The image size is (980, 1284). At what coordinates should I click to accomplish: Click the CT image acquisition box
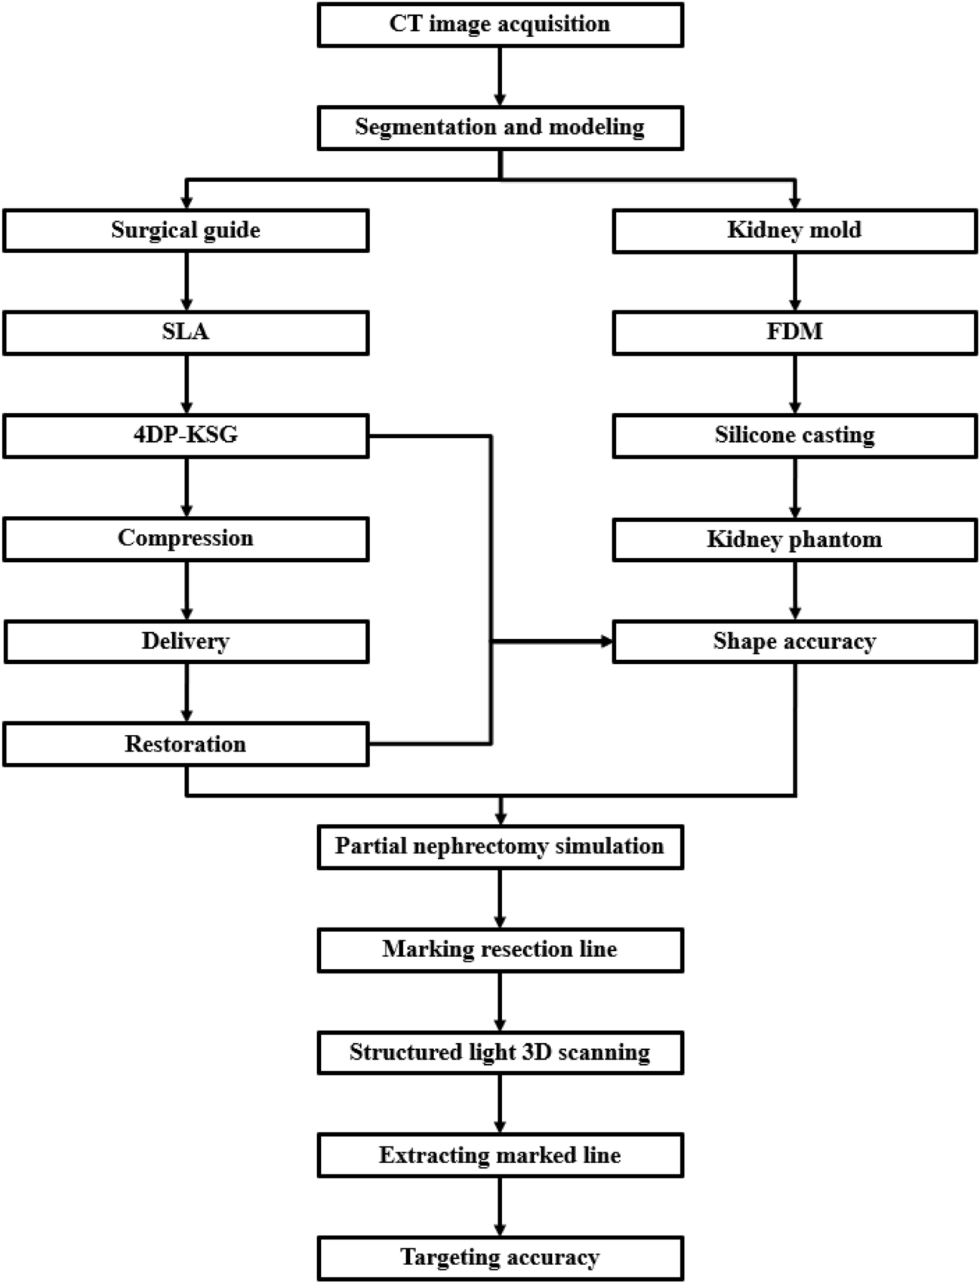(500, 25)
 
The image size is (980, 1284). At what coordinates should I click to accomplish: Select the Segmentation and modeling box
(500, 128)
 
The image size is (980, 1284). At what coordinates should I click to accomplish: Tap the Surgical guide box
(186, 230)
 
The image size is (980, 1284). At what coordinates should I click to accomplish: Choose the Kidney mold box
(794, 230)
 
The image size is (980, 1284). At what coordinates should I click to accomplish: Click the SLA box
(186, 333)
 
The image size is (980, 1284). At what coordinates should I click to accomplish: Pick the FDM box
(794, 333)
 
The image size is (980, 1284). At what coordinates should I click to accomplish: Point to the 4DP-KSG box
(186, 436)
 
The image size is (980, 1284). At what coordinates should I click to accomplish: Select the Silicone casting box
(794, 436)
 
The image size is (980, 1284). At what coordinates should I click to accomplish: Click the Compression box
(186, 539)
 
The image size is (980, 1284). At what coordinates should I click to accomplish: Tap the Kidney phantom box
(794, 539)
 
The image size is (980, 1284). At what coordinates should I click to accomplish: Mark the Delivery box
(186, 642)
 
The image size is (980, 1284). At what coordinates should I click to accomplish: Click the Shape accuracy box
(794, 642)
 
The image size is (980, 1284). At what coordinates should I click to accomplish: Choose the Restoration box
(186, 745)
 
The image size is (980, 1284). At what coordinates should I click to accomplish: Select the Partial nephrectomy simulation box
(500, 847)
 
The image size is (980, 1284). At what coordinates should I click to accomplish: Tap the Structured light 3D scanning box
(500, 1053)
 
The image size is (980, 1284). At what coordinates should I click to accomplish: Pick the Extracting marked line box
(500, 1156)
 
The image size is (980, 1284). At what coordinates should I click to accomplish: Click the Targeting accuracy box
(500, 1258)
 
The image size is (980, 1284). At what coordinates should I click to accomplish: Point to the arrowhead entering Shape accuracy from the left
(606, 642)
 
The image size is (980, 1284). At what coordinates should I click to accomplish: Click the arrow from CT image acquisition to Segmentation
(500, 76)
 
